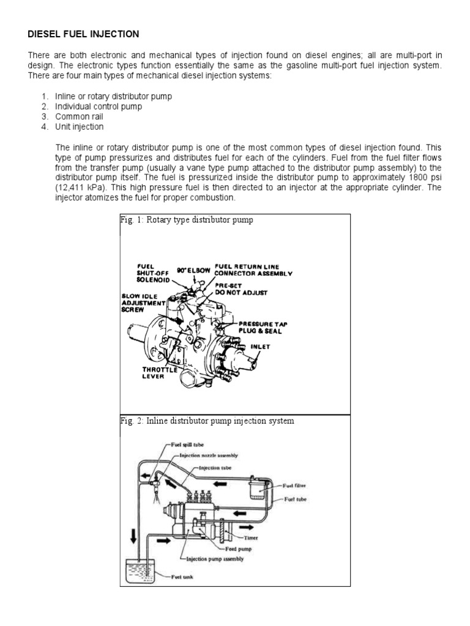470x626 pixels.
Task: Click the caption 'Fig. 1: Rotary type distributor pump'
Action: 187,221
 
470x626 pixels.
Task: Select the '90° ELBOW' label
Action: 195,269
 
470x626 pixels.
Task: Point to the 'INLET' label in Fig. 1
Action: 260,346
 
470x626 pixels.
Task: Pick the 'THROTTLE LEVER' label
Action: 160,373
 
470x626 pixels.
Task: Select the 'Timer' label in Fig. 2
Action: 251,538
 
